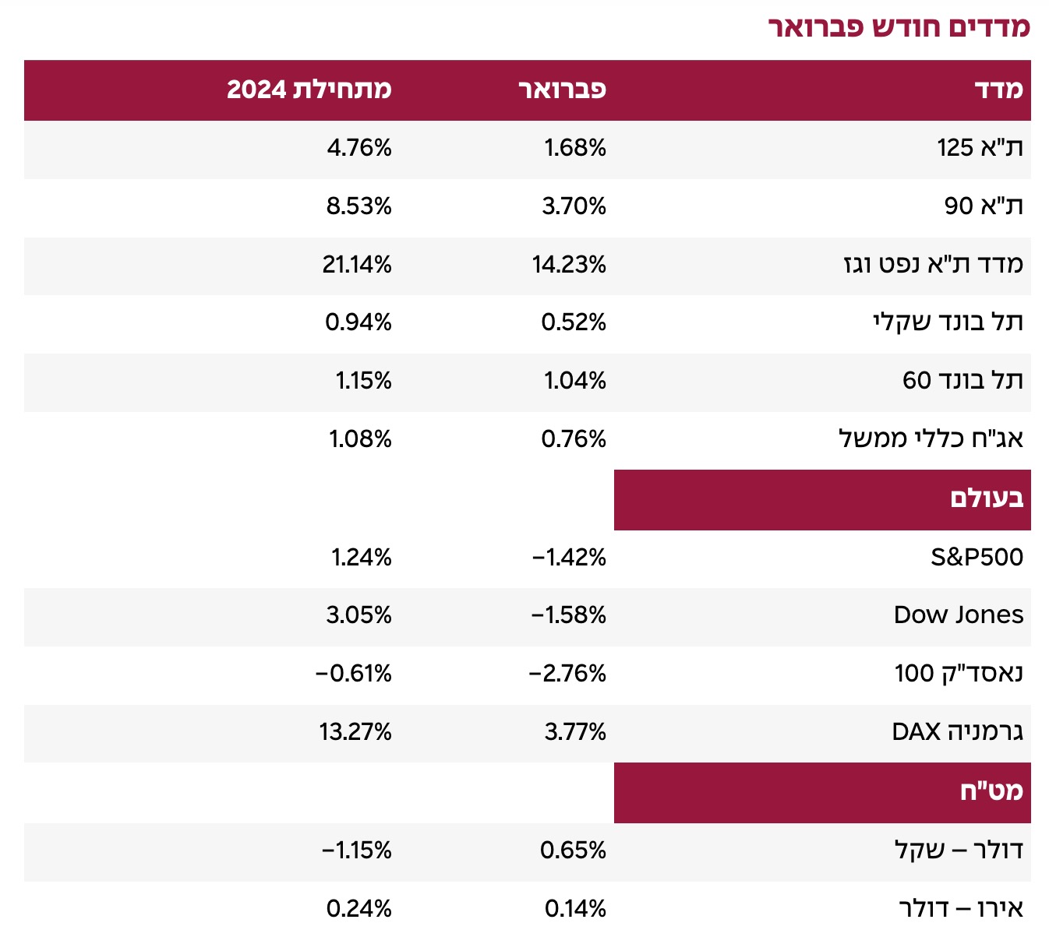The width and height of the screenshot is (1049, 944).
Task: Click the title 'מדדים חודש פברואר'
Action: tap(899, 27)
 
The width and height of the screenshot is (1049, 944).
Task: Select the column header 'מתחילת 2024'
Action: tap(309, 90)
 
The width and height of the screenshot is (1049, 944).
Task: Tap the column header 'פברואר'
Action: tap(563, 90)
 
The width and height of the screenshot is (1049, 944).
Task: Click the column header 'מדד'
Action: tap(998, 90)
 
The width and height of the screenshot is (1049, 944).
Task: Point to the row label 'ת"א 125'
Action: tap(980, 148)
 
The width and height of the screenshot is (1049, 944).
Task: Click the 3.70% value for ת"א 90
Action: tap(574, 206)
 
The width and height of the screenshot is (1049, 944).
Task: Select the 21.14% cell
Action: tap(357, 265)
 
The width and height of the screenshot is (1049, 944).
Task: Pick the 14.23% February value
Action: tap(569, 265)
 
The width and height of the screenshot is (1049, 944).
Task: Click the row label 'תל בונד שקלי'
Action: tap(948, 322)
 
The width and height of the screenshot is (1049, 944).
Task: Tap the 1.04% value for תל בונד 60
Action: tap(575, 381)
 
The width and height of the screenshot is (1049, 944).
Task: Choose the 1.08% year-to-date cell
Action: tap(360, 439)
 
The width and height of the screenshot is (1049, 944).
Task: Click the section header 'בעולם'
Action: tap(987, 498)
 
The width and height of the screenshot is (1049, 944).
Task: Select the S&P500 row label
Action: tap(977, 557)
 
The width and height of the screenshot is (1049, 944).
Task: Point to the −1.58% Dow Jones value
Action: tap(569, 615)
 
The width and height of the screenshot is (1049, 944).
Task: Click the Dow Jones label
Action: tap(959, 615)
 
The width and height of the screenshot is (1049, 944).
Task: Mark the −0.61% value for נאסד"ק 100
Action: tap(354, 673)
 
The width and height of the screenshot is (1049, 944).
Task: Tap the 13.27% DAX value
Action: tap(355, 732)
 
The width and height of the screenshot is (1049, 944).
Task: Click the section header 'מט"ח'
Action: tap(991, 792)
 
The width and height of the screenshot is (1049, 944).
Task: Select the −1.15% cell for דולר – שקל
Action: tap(357, 850)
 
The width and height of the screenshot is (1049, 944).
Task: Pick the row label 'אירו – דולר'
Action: tap(961, 909)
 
